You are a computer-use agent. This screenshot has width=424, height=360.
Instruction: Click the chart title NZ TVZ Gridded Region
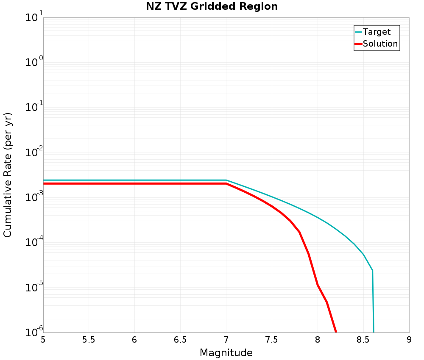tap(212, 6)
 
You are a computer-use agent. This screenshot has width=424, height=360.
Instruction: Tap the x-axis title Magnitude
tap(226, 353)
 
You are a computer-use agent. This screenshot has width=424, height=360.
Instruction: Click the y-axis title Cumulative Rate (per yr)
tap(8, 175)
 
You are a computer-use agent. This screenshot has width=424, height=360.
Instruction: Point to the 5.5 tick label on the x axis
tap(89, 340)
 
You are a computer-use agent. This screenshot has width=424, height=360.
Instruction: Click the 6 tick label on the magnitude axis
tap(134, 340)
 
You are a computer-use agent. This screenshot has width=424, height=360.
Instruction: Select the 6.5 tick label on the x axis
tap(180, 340)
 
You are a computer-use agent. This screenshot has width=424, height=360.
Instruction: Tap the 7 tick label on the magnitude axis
tap(226, 340)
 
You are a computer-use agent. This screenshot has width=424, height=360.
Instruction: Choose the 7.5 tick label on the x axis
tap(271, 340)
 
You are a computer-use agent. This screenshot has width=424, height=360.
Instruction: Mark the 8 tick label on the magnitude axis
tap(318, 340)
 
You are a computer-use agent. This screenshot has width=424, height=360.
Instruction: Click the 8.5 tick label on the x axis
tap(363, 340)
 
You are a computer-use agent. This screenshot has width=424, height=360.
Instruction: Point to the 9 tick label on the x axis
tap(409, 340)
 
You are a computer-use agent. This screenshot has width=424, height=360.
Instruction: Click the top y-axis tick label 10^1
tap(34, 17)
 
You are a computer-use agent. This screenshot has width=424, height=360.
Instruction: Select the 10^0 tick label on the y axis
tap(34, 61)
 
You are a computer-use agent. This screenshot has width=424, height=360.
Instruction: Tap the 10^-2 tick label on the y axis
tap(34, 152)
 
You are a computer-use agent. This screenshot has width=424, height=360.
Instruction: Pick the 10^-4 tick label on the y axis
tap(34, 242)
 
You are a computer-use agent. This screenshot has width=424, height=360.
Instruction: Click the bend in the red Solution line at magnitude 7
tap(226, 184)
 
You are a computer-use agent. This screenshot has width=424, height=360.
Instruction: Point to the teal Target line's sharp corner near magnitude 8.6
tap(372, 270)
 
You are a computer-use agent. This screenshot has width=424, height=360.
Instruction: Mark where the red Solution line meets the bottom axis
tap(336, 332)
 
